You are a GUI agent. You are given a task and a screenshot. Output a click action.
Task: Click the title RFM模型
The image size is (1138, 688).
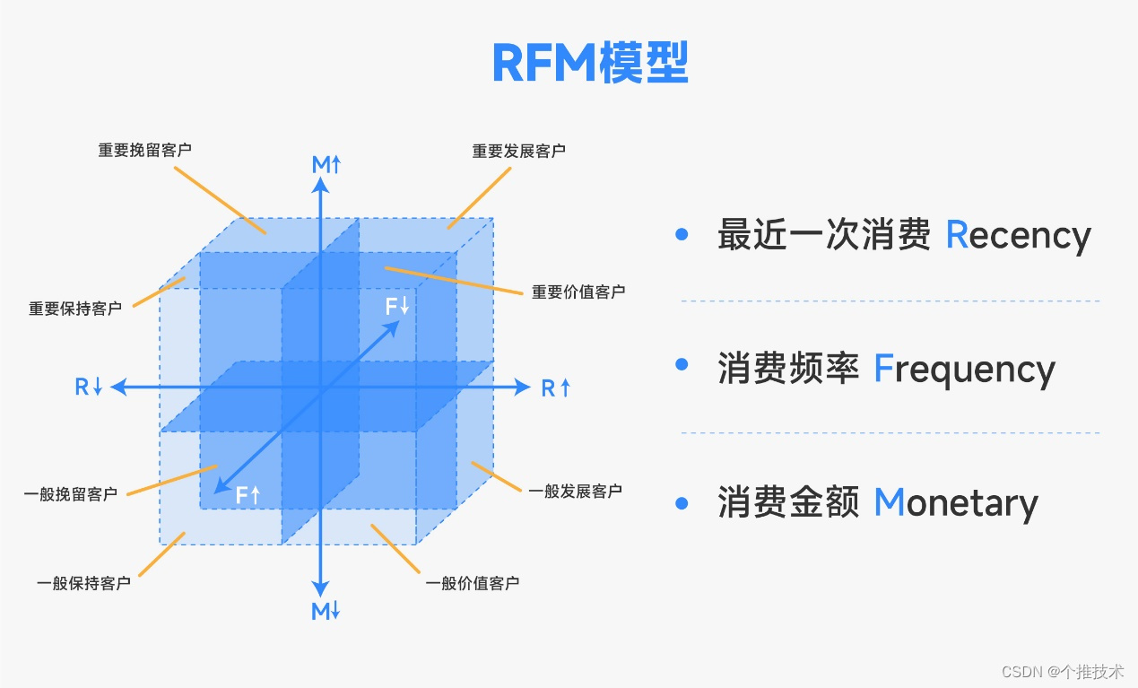590,63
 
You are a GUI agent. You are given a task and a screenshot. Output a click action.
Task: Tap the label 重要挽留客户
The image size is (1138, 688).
144,150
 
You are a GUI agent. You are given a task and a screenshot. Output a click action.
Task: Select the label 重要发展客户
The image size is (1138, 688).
518,151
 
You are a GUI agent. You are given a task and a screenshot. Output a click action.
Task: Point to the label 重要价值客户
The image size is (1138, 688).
578,292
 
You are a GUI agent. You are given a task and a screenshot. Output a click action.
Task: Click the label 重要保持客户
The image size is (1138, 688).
75,309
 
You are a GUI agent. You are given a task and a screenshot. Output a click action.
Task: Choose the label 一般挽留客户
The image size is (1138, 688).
70,493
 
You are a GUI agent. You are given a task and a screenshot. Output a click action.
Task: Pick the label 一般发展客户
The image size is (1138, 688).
575,491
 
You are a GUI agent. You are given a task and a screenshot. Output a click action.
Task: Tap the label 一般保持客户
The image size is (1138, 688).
83,583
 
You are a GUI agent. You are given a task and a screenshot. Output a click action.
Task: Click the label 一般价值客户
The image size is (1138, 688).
472,583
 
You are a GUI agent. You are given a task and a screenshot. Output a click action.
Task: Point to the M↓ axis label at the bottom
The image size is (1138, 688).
326,612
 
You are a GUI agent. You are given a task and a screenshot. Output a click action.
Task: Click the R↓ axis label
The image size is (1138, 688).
89,388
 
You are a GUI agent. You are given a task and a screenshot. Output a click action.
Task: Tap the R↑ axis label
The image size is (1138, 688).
556,388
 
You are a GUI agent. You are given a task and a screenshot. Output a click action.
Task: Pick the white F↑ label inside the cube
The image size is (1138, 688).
248,493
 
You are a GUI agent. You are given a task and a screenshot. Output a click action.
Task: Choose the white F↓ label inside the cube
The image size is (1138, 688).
397,306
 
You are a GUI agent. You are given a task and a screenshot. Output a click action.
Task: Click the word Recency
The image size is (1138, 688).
1018,235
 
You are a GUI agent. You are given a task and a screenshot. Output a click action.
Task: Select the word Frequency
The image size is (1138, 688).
964,369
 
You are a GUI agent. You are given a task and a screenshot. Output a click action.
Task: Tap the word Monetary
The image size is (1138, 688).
955,502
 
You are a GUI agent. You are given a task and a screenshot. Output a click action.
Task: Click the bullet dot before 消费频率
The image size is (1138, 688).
682,364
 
